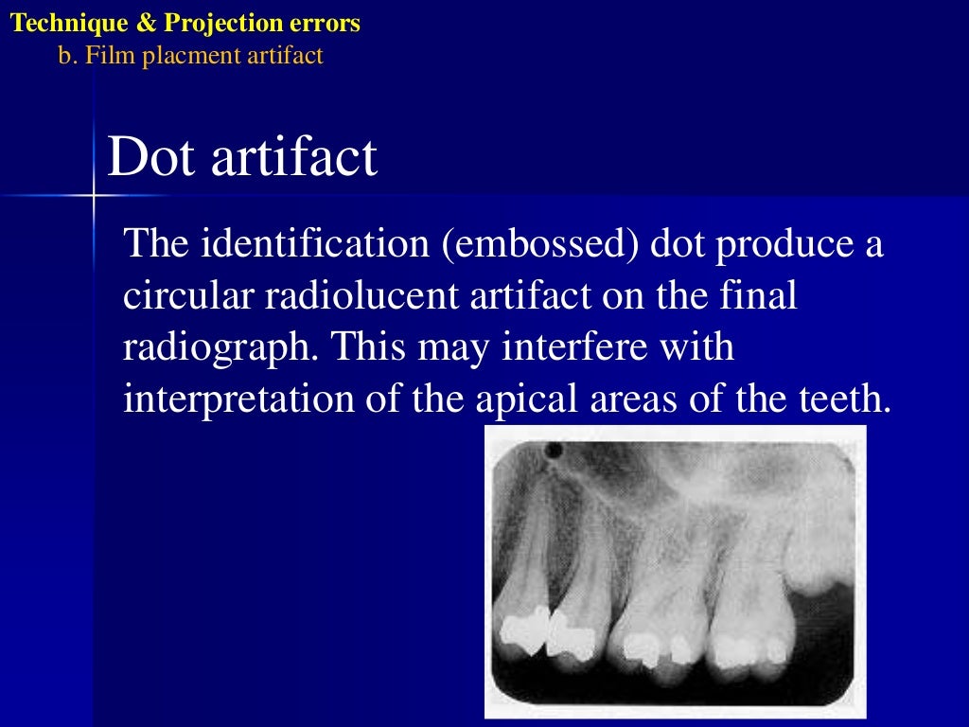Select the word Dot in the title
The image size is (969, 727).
pyautogui.click(x=151, y=157)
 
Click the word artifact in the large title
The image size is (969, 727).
pyautogui.click(x=294, y=157)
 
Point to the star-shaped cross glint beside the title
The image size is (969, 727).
pyautogui.click(x=94, y=196)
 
